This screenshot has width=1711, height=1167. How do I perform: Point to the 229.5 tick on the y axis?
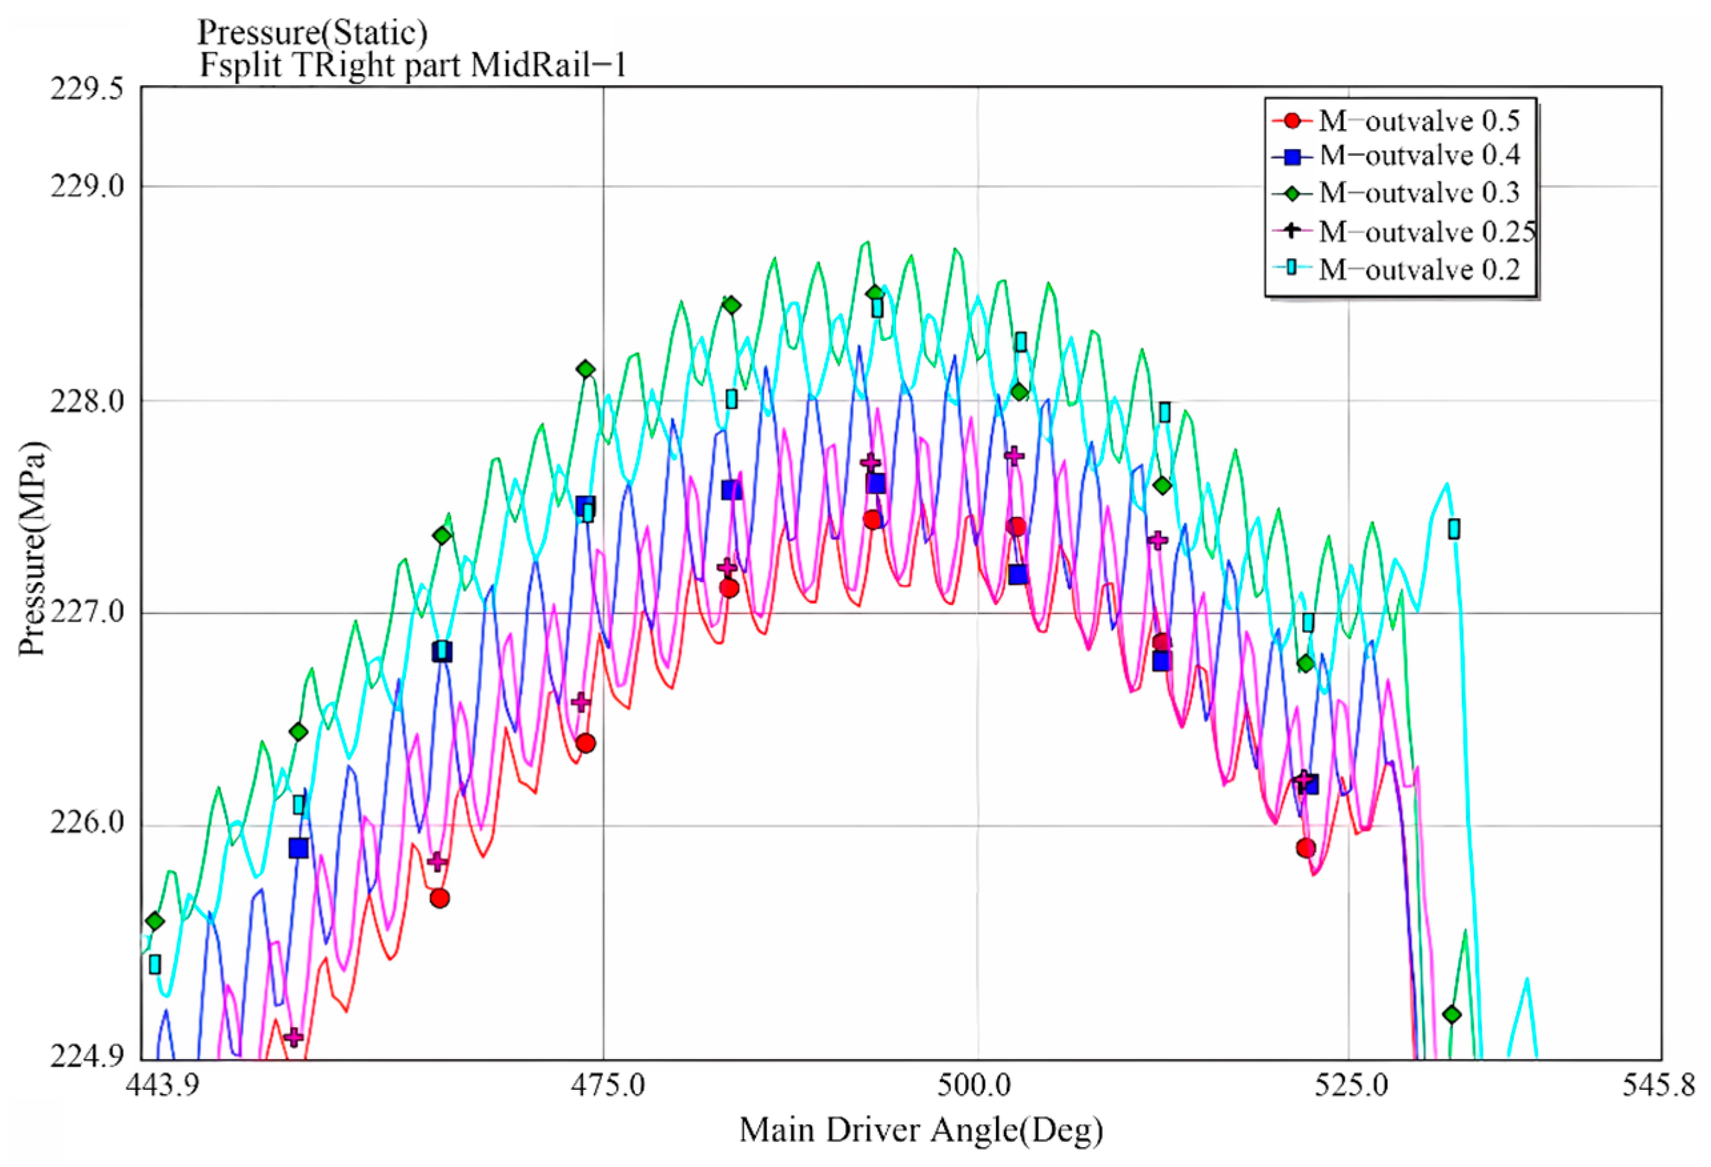(x=86, y=88)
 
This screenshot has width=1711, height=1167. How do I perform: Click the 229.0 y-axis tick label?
(x=86, y=186)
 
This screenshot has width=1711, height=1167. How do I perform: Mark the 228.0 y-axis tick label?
(x=86, y=402)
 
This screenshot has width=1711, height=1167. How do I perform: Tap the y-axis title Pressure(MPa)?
(x=33, y=548)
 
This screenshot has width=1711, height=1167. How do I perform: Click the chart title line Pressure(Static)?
(x=312, y=33)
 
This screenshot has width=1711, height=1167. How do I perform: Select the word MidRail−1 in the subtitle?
(x=548, y=65)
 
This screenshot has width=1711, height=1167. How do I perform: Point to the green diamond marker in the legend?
(x=1292, y=193)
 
